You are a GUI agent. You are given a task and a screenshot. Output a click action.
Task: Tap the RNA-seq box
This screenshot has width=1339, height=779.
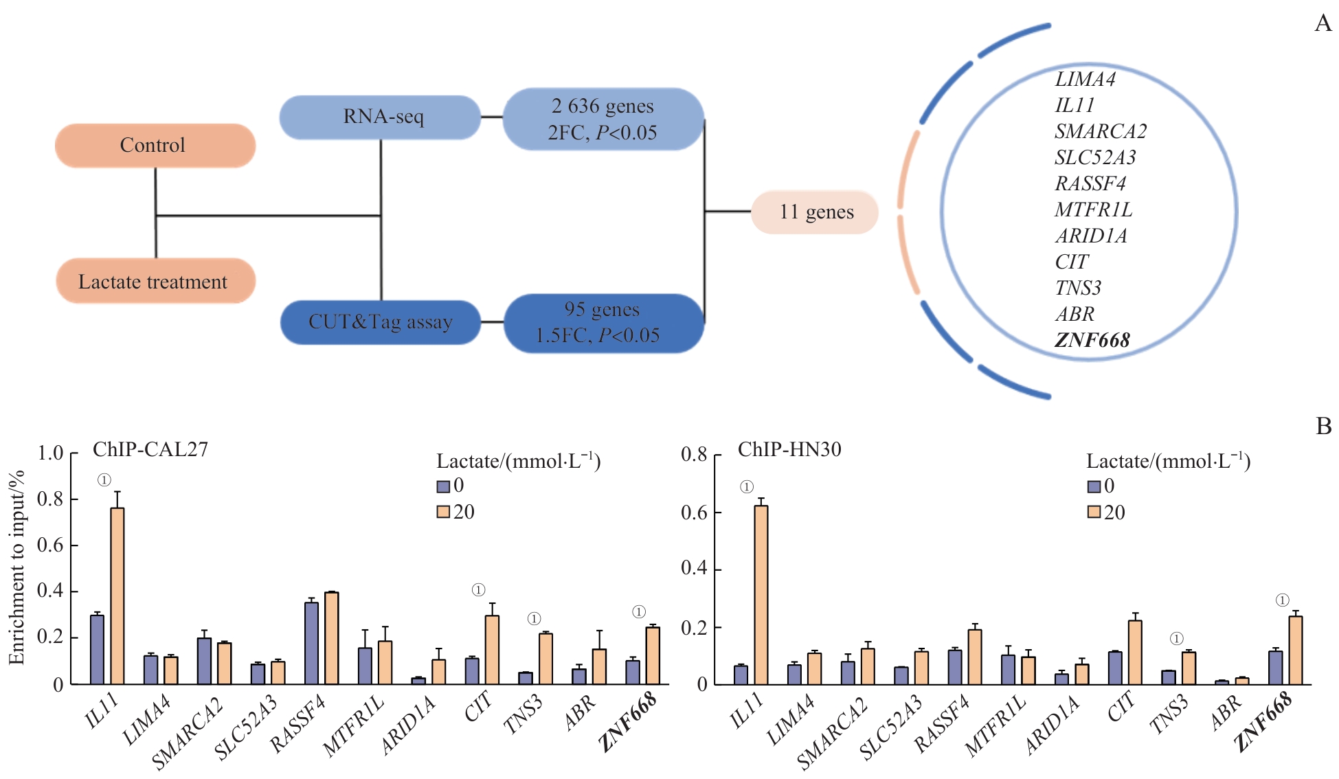[381, 117]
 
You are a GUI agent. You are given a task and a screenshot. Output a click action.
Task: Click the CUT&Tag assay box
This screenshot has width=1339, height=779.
[381, 321]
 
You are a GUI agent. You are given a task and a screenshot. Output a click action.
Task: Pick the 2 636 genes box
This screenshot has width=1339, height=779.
[603, 119]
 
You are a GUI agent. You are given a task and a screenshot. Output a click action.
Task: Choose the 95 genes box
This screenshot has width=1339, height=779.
[603, 323]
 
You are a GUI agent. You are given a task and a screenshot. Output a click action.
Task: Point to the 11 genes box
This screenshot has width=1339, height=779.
[815, 212]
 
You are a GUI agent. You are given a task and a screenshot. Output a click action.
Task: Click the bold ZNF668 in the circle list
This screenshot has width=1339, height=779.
[1092, 340]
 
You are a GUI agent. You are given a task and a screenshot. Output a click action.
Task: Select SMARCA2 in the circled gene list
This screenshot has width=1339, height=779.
[1101, 131]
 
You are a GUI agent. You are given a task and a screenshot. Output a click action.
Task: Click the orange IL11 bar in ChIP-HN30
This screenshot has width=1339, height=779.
[761, 594]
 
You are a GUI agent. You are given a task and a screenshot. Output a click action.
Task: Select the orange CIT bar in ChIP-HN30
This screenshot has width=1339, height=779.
[1135, 652]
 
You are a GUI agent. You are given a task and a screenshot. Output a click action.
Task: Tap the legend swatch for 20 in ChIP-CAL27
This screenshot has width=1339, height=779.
[443, 512]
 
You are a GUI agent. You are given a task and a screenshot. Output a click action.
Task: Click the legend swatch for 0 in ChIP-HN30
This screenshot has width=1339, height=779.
[1094, 487]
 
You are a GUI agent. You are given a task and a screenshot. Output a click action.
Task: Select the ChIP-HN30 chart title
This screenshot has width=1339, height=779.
[789, 449]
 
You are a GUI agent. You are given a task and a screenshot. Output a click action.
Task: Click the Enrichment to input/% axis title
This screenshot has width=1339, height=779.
[16, 567]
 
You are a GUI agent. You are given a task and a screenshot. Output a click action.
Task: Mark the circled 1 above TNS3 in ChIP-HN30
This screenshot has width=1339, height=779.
[1177, 639]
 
